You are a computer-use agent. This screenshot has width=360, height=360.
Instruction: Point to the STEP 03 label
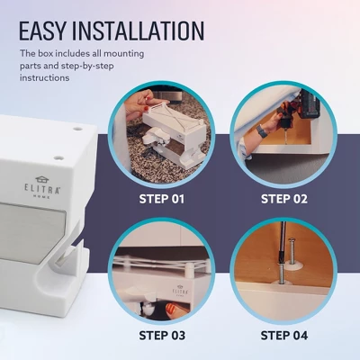pyautogui.click(x=162, y=336)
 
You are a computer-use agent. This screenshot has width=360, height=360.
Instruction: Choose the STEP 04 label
pyautogui.click(x=284, y=336)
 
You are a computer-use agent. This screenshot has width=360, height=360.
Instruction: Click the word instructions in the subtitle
pyautogui.click(x=44, y=77)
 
